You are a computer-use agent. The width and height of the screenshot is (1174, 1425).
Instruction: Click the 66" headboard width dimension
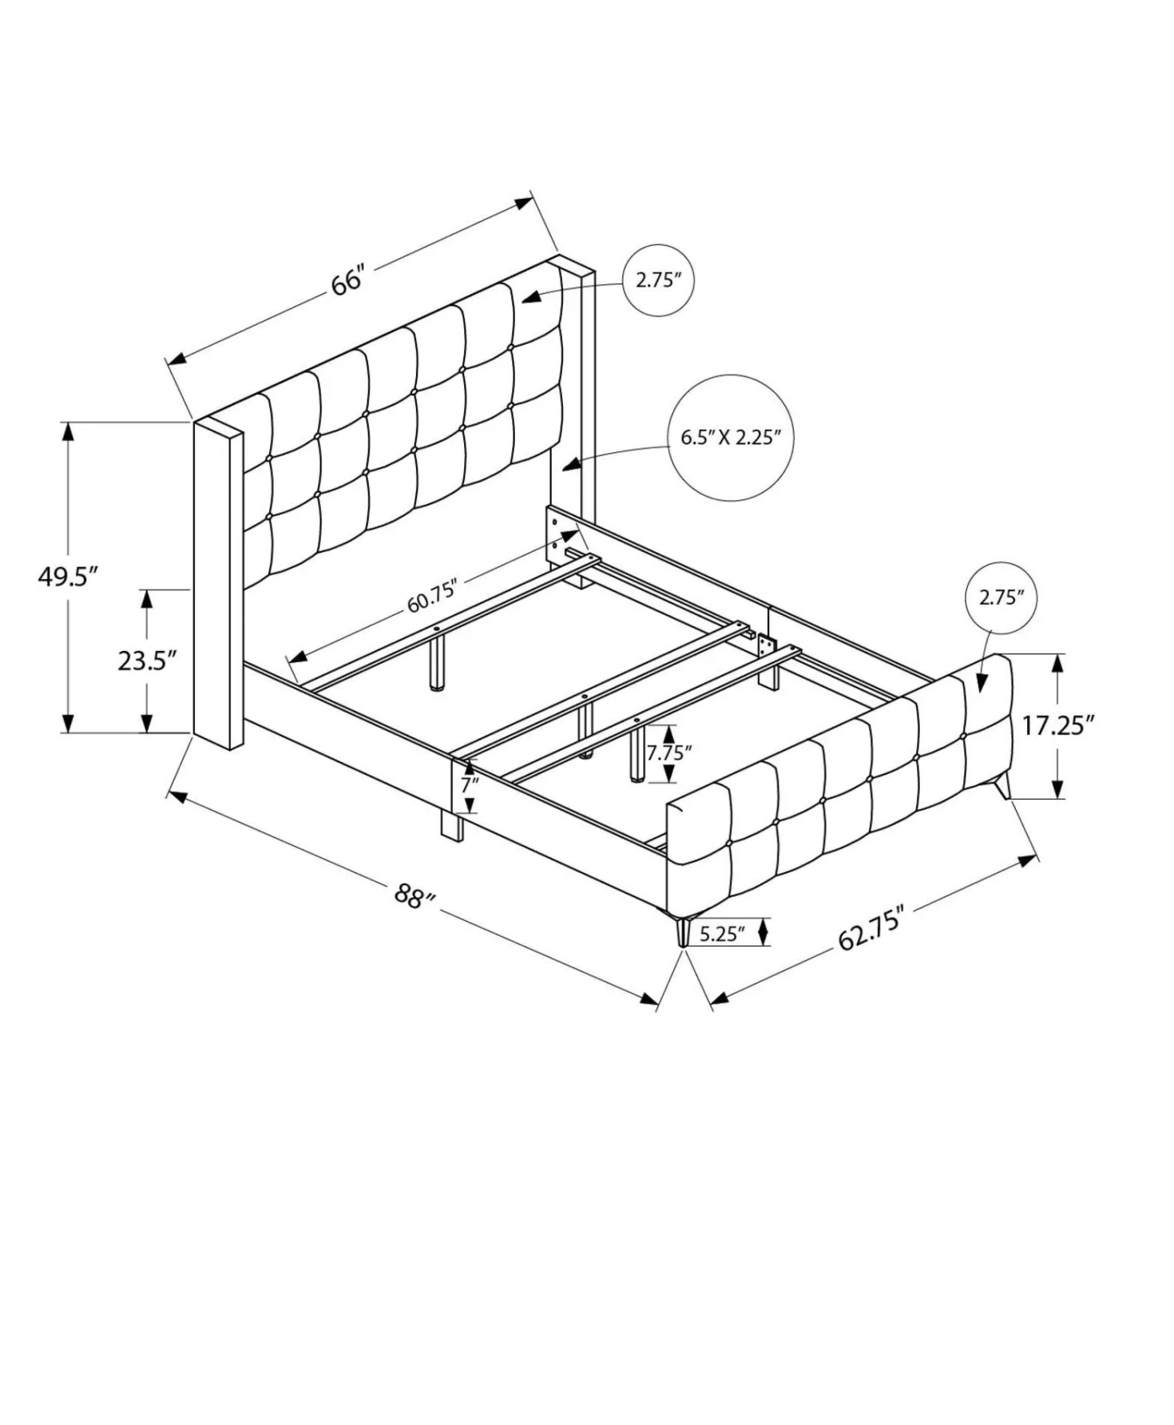coord(347,281)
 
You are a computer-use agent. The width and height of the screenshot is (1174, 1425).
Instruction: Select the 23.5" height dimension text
coord(147,661)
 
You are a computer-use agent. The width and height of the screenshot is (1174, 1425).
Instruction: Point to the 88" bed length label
coord(414,895)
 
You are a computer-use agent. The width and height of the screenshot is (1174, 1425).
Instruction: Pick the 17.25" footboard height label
coord(1057,725)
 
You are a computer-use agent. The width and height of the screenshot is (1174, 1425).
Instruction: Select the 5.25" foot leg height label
coord(722,933)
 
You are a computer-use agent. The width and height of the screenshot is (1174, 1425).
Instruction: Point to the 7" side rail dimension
coord(469,784)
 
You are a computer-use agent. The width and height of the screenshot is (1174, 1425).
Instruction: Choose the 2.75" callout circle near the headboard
coord(658,280)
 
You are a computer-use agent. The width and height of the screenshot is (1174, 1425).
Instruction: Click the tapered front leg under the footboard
coord(683,931)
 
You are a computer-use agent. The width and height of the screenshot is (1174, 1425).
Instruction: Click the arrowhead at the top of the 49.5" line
coord(69,431)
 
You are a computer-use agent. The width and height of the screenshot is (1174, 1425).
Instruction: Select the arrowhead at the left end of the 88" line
coord(177,796)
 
